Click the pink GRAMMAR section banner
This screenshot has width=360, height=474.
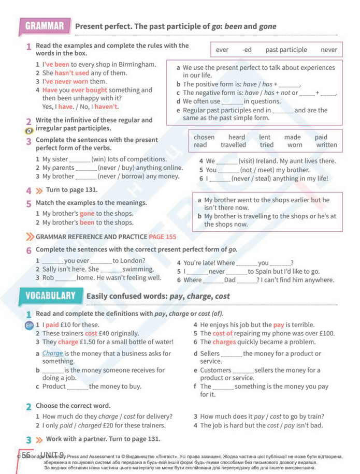coord(45,26)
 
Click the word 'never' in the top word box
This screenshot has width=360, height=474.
coord(328,50)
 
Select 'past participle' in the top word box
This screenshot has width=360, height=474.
coord(286,50)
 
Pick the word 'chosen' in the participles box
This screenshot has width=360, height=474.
coord(204,137)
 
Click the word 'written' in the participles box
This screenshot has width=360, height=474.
coord(326,145)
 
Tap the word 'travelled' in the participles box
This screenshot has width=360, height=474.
coord(233,145)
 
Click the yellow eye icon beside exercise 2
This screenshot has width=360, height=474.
coord(29,130)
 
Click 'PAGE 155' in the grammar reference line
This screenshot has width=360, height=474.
coord(162,237)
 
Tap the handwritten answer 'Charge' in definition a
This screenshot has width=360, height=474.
coord(52,353)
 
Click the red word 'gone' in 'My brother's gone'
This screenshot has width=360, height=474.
coord(87,214)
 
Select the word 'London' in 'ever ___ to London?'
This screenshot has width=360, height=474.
coord(133,261)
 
